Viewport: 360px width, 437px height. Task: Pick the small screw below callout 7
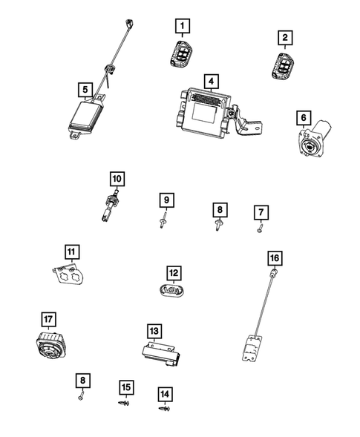261,230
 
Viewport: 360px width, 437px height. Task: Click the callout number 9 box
167,200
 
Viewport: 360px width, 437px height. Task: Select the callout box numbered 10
117,179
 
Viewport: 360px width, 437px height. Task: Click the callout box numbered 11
71,252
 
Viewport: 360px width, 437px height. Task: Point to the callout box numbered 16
275,258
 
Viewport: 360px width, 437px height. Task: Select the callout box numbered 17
48,321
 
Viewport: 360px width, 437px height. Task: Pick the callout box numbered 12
172,273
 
